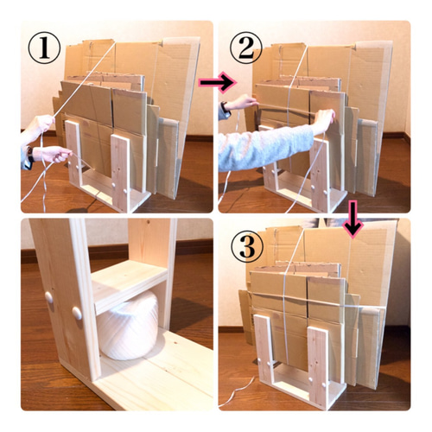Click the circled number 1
(44, 48)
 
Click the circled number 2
(246, 48)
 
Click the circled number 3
(247, 246)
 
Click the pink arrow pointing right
(218, 83)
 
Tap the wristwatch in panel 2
(225, 110)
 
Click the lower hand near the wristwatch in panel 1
(51, 154)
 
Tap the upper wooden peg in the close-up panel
(49, 298)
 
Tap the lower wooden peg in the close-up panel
(77, 313)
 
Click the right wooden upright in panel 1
(121, 172)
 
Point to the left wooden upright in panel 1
(73, 153)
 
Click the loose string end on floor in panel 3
(237, 392)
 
